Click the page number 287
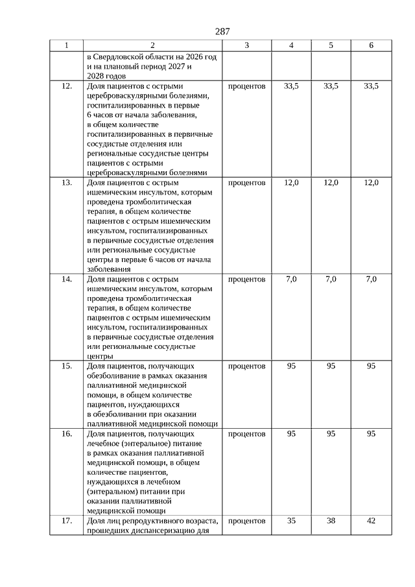222,31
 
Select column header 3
247,45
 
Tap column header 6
371,45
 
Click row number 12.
66,86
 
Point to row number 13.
66,183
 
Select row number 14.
66,280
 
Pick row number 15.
66,366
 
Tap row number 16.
66,434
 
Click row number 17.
66,521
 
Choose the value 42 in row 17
371,521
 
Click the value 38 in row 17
331,521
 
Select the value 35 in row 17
291,521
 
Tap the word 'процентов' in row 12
247,86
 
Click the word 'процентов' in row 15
247,366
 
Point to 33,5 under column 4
291,86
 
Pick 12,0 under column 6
371,183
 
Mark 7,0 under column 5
331,280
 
